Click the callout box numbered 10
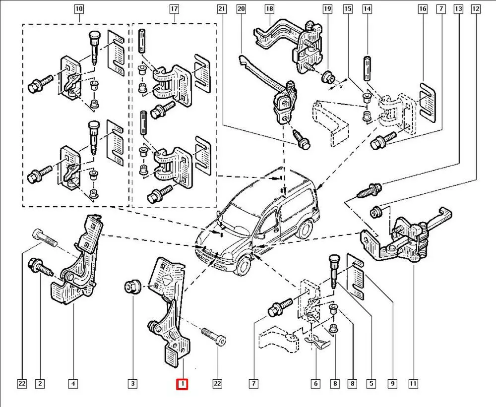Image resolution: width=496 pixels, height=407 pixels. click(x=79, y=9)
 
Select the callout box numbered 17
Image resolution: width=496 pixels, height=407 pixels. click(x=174, y=9)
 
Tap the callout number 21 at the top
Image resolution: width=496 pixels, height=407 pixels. click(x=222, y=9)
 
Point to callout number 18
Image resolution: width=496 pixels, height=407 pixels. click(x=269, y=9)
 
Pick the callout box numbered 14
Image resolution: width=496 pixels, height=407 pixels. click(x=367, y=9)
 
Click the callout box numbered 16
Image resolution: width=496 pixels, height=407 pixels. click(x=423, y=9)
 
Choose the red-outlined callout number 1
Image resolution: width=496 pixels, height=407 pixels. click(x=183, y=383)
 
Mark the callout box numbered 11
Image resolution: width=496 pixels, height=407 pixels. click(x=413, y=383)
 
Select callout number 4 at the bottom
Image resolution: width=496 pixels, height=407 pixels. click(x=73, y=383)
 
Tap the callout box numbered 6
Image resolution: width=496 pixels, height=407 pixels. click(x=315, y=383)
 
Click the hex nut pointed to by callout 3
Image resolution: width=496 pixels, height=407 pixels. click(x=132, y=286)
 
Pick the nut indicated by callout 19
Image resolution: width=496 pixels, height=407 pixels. click(x=327, y=77)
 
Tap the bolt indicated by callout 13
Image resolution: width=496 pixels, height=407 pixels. click(x=369, y=189)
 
